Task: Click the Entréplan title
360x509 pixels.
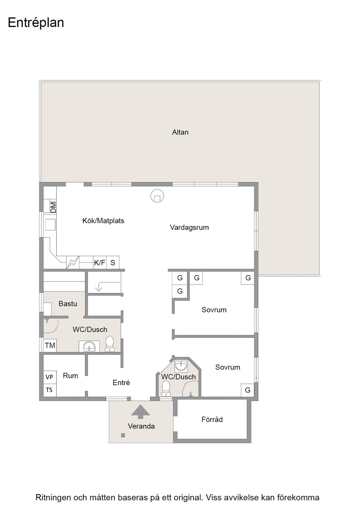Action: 36,23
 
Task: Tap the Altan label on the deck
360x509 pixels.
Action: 180,132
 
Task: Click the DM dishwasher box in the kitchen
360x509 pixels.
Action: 53,208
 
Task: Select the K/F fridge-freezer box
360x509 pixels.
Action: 100,263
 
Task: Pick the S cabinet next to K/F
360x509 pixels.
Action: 113,263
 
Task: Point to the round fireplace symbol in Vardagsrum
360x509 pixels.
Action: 157,196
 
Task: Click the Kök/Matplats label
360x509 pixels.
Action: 103,221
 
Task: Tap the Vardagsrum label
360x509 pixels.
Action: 189,227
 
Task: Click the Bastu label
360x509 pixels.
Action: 68,304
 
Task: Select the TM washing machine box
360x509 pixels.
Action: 50,345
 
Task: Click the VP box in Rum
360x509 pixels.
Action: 50,377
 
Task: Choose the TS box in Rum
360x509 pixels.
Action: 50,390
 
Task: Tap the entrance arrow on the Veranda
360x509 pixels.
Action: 140,412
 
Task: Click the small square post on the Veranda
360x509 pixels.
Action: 123,435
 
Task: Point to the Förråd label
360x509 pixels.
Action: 212,419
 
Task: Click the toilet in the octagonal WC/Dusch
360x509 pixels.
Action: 166,388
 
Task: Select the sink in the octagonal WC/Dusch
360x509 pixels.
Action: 181,366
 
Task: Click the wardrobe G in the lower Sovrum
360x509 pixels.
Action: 248,390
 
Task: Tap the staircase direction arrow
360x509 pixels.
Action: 107,286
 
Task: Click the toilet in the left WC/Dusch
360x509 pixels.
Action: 110,344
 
